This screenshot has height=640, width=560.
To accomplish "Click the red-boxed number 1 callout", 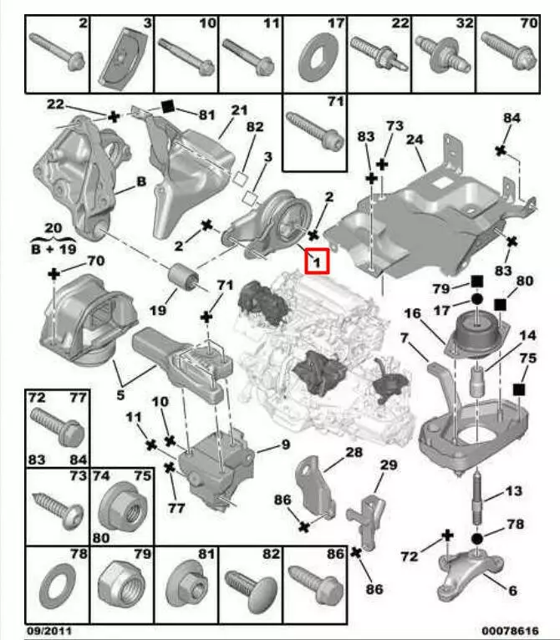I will tap(318, 262).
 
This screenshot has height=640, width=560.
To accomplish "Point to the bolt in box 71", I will tap(313, 134).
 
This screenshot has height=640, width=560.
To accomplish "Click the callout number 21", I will tap(240, 109).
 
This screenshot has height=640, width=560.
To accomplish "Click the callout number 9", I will tap(285, 444).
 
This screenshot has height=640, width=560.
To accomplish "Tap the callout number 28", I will tap(354, 452).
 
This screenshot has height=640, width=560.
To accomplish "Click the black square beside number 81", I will tap(165, 105).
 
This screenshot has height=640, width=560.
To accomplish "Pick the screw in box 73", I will tap(55, 505).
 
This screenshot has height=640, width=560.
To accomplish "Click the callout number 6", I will tap(512, 590).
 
